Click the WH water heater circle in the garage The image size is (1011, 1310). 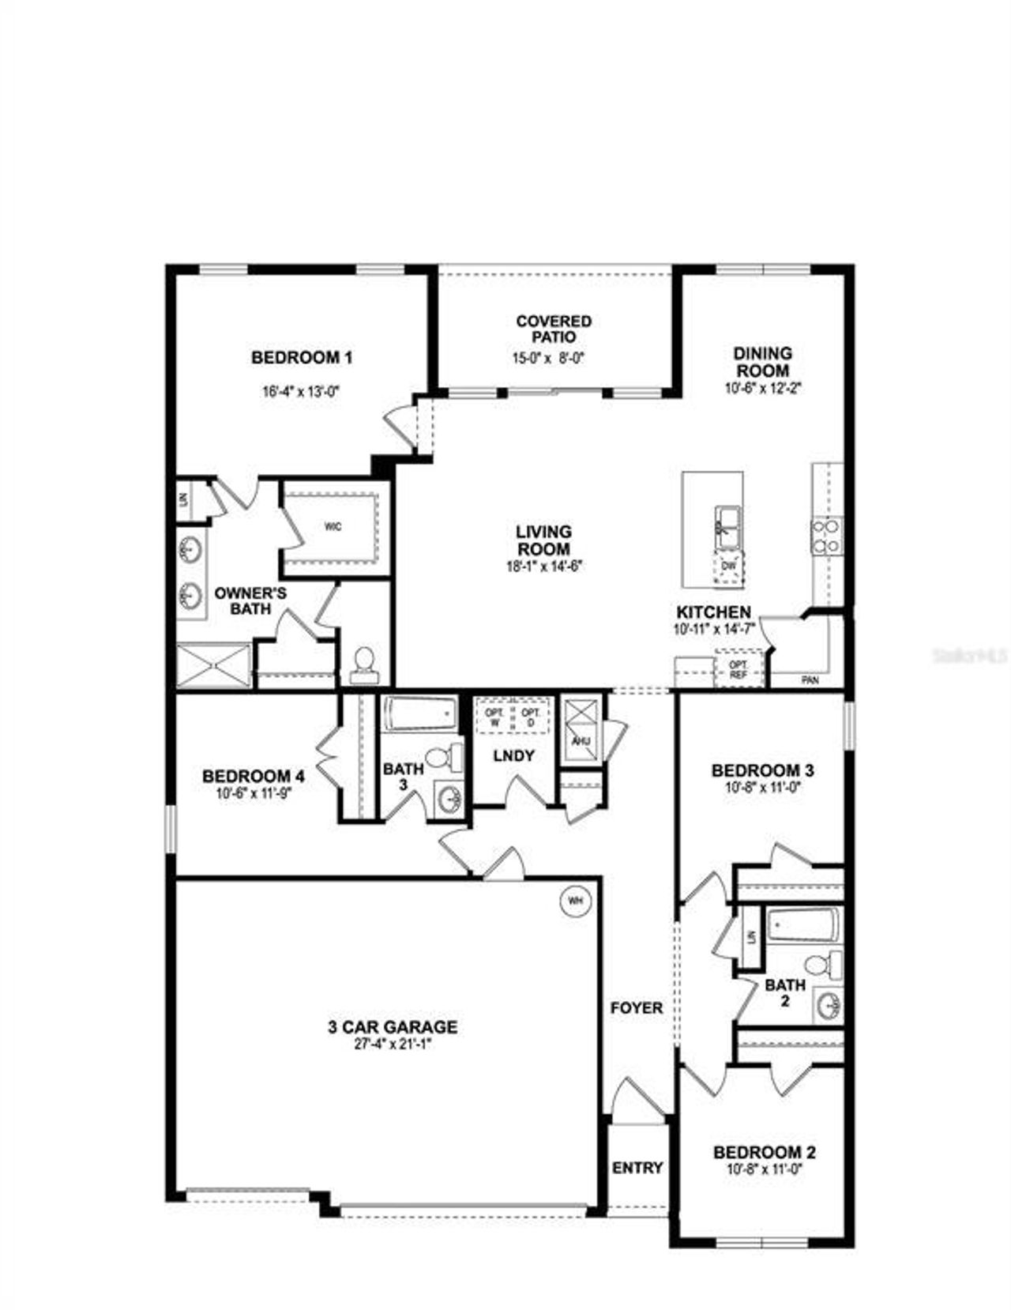[575, 900]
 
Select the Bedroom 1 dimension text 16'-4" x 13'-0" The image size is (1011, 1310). [301, 390]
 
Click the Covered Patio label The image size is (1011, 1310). [553, 329]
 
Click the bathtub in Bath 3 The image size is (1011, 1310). [420, 714]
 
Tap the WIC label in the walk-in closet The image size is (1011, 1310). [333, 527]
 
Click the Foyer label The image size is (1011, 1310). [637, 1008]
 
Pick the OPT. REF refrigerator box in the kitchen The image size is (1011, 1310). [738, 670]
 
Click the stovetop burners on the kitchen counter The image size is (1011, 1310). [826, 536]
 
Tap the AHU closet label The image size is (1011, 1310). [581, 741]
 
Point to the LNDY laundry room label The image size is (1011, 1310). [513, 756]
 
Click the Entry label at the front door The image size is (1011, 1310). [637, 1168]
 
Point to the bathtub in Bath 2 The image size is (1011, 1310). [802, 926]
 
